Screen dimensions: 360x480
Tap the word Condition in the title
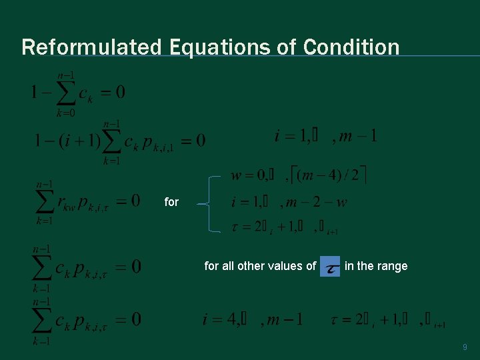(351, 47)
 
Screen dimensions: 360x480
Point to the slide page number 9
(465, 347)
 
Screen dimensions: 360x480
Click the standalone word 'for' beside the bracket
(171, 201)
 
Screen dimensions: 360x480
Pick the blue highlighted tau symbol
(330, 267)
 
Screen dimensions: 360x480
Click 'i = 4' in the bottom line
(219, 320)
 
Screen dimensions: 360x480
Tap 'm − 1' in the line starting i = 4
(285, 320)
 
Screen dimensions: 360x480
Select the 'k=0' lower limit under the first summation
(65, 113)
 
